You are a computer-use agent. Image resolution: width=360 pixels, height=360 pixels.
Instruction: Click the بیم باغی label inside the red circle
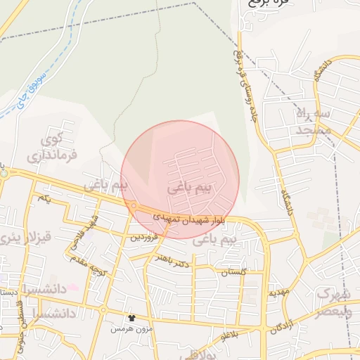point(190,188)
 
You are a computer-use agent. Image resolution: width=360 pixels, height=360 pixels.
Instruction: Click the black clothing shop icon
point(129,318)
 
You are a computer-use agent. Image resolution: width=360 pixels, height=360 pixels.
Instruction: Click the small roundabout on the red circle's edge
point(134,205)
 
